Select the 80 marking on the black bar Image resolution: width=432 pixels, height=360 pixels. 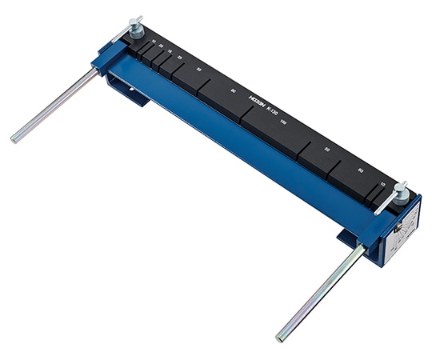pos(233,91)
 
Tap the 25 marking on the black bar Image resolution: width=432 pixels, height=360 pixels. pos(179,57)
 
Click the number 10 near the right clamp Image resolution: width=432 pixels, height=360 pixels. pos(384,185)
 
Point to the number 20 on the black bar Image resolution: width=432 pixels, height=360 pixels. pos(162,46)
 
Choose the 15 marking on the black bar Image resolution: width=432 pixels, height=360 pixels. pos(170,51)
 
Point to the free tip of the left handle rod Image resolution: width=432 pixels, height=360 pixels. pos(14,140)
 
